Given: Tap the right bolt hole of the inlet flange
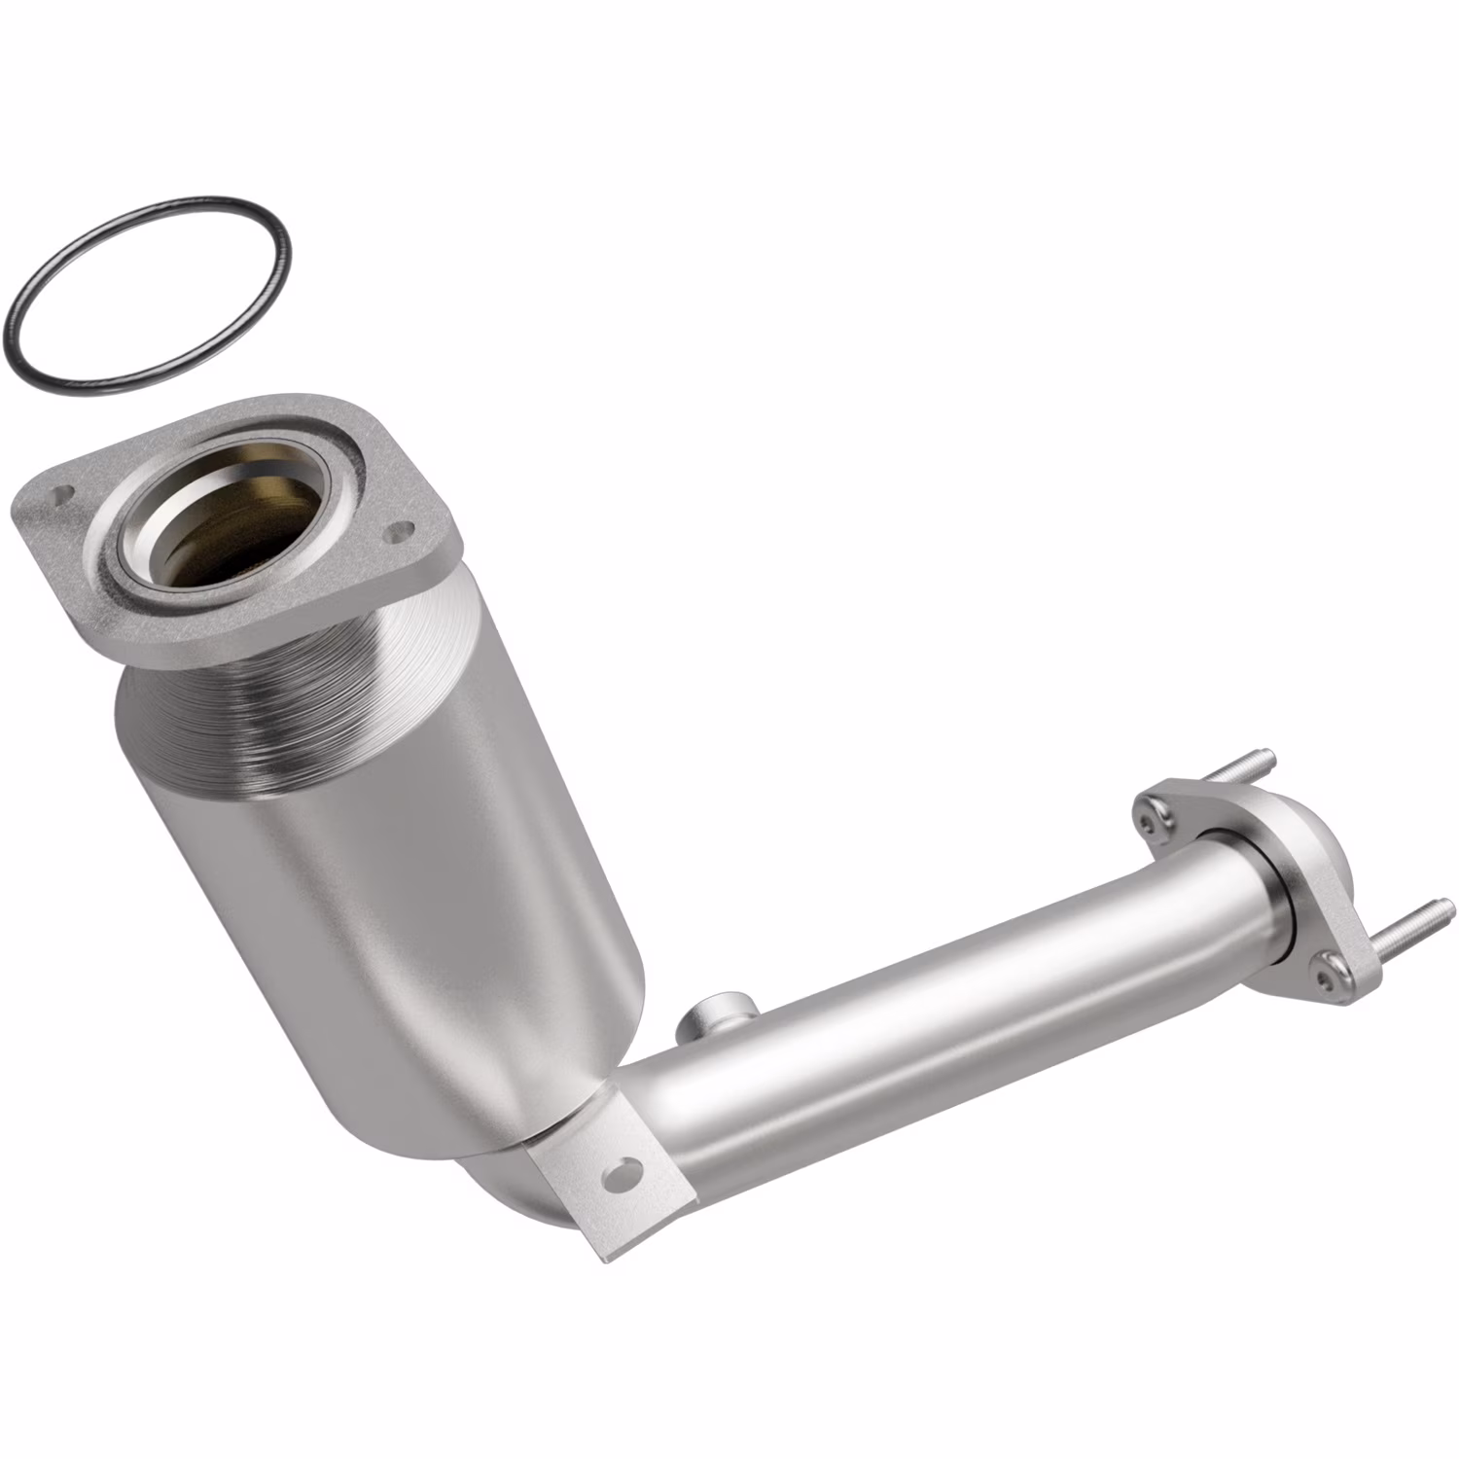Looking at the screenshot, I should tap(397, 532).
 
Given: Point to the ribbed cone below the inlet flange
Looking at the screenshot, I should tap(292, 700).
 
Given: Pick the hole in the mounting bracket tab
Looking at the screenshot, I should tap(621, 1174).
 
